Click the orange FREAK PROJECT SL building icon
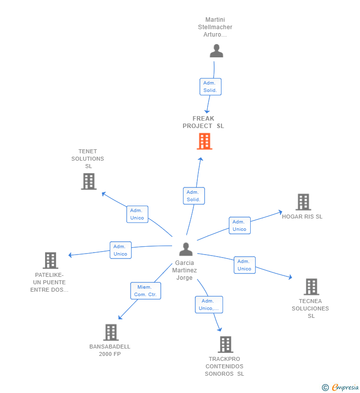pos(204,141)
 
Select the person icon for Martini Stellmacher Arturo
pos(216,51)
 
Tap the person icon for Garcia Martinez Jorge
pos(186,249)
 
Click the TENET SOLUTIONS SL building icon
pos(89,181)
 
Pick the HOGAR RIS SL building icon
pos(303,202)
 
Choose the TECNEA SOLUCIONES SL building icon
pos(311,287)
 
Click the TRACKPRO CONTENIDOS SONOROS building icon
pos(225,344)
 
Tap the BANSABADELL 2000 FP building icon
pos(111,332)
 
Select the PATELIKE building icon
pos(50,260)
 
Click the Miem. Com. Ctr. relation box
pos(145,291)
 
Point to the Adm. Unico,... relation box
pos(209,305)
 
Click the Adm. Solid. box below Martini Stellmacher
pos(210,87)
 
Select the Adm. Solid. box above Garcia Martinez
pos(193,196)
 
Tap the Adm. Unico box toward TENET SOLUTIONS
pos(137,214)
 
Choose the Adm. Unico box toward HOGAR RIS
pos(239,225)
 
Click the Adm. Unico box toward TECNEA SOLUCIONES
pos(244,265)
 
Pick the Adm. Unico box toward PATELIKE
pos(120,250)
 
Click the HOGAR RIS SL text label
pos(302,217)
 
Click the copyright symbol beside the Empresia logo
pos(325,388)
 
